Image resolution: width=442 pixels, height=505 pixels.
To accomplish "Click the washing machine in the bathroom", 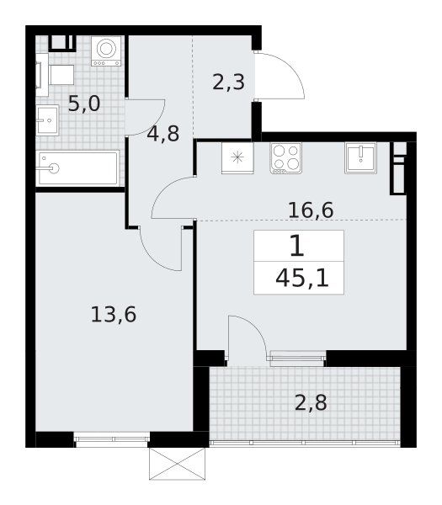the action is click(106, 50).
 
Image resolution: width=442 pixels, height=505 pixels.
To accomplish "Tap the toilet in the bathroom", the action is click(55, 75).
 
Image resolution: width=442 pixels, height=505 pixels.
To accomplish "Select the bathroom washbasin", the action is click(47, 120).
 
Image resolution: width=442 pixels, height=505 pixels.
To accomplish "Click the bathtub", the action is click(77, 168).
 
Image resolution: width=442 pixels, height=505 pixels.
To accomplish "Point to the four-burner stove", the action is click(285, 158).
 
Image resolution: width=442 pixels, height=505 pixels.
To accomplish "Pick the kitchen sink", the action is click(360, 158).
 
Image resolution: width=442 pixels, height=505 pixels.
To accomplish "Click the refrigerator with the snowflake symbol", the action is click(237, 158).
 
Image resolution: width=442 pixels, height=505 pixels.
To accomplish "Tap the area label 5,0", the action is click(84, 104).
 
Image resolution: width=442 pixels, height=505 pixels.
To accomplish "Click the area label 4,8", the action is click(163, 134).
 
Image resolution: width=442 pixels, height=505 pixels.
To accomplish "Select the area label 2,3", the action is click(229, 82).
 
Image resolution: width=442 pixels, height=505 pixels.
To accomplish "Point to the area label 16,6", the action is click(311, 210).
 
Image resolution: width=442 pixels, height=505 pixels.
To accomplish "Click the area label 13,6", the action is click(114, 314).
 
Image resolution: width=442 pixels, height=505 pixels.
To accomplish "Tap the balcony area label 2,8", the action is click(311, 402).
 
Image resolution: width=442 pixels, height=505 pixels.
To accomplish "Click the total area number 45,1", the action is click(302, 279).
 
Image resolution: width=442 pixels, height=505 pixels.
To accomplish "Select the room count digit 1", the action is click(297, 246).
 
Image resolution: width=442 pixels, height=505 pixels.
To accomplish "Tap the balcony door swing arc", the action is click(254, 327).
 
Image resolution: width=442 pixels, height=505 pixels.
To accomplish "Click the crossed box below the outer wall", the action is click(177, 464).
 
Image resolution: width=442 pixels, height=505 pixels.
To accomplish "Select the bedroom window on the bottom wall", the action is click(112, 439).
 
